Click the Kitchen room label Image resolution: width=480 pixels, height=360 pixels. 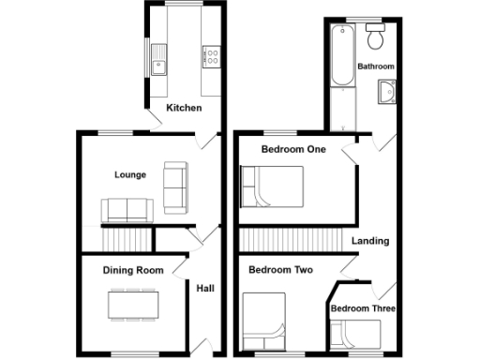(x=184, y=109)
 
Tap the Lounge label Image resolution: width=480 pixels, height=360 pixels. (x=128, y=174)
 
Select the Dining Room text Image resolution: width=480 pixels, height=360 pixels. (x=133, y=271)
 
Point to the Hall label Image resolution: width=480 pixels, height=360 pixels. (x=204, y=289)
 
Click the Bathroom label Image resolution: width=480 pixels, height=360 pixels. (x=376, y=67)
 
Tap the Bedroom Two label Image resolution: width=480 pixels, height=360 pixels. (x=279, y=270)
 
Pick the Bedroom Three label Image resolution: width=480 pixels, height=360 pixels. (x=363, y=308)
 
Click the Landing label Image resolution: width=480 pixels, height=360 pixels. (x=369, y=241)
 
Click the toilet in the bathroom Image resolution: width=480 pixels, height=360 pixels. (x=377, y=37)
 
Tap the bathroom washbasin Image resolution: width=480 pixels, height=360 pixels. (x=386, y=92)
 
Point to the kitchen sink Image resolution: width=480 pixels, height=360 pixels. (x=157, y=62)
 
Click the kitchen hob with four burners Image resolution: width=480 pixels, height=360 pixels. (x=210, y=57)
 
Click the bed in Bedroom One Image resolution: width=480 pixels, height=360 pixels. (x=272, y=186)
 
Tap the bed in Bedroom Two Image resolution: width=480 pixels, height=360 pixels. (x=263, y=322)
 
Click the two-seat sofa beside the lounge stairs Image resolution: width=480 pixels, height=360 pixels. (x=125, y=210)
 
